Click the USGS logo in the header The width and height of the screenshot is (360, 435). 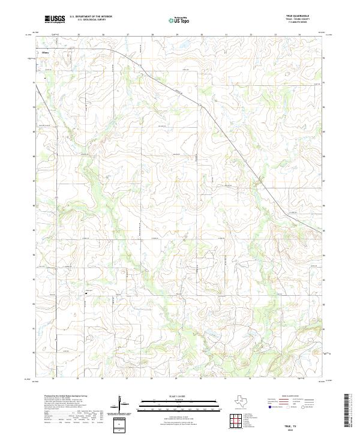coord(55,19)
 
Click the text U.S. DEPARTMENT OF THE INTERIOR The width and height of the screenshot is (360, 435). coord(91,17)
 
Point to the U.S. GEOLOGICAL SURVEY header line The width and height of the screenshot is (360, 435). coord(91,20)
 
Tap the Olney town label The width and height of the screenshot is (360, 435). coord(46,52)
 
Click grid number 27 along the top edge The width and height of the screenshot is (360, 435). coord(128,35)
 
